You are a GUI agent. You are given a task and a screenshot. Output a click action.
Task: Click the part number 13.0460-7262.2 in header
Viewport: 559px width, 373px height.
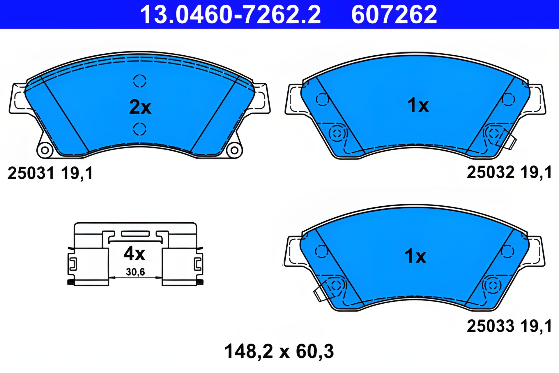(x=230, y=15)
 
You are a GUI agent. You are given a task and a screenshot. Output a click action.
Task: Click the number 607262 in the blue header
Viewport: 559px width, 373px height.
(x=394, y=15)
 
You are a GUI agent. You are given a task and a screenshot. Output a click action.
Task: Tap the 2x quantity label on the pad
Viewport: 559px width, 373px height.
(x=140, y=107)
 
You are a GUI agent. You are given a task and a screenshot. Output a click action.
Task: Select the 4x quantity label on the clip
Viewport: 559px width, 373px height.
(x=134, y=254)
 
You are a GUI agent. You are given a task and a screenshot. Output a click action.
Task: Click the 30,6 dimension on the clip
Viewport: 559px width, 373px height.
(x=135, y=272)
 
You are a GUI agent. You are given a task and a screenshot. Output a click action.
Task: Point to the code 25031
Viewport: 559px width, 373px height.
(x=31, y=173)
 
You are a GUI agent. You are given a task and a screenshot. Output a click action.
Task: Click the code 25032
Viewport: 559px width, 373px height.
(x=491, y=172)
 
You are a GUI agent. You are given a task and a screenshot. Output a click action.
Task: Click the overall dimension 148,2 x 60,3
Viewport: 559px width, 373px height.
(x=279, y=351)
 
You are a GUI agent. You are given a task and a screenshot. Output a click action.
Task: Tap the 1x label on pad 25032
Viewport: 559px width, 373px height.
(x=418, y=105)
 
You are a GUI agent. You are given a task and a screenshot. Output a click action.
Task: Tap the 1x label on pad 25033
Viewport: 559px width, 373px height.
(x=415, y=256)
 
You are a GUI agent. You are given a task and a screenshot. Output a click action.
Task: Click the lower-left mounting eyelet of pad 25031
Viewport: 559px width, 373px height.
(x=45, y=150)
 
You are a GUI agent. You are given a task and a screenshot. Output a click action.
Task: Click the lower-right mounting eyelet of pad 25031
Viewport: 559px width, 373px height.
(x=234, y=151)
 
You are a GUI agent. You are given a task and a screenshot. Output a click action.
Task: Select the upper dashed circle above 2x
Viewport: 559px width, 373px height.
(x=140, y=81)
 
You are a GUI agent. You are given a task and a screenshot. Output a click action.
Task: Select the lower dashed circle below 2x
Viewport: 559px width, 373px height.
(x=140, y=129)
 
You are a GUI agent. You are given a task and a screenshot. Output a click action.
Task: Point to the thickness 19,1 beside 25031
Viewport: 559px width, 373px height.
(x=77, y=173)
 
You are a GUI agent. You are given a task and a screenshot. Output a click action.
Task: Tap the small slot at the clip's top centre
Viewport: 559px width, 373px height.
(x=135, y=233)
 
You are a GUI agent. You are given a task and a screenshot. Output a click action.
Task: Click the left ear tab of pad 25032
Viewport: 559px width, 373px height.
(x=293, y=99)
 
